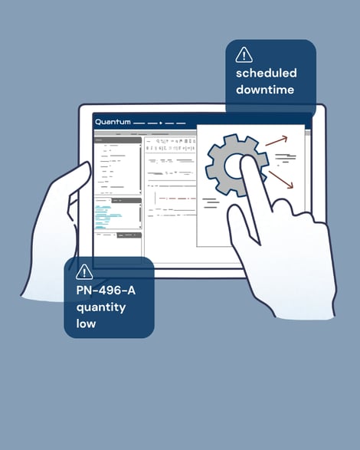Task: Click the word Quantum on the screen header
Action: coord(113,122)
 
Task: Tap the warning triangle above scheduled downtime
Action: coord(244,54)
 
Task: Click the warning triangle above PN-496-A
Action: coord(84,271)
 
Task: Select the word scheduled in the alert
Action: coord(267,73)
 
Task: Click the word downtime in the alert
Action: coord(265,90)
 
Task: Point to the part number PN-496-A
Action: coord(106,291)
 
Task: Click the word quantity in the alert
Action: coord(101,307)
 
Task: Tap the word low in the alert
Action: coord(86,324)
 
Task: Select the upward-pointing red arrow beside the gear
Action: coord(276,140)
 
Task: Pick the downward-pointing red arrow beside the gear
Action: coord(281,179)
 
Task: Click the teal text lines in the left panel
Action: coord(108,216)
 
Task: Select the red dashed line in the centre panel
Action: coord(178,199)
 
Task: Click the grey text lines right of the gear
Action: coord(285,158)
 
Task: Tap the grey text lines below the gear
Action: coord(211,203)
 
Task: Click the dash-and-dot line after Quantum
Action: coord(159,123)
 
